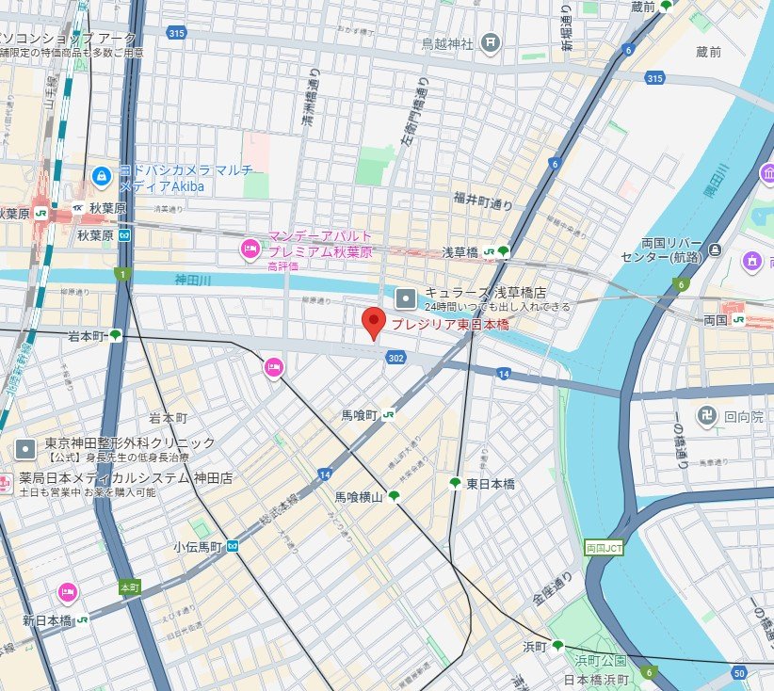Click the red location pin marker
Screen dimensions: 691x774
pyautogui.click(x=374, y=322)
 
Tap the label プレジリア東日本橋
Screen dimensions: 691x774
pyautogui.click(x=449, y=324)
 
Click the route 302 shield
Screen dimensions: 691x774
pyautogui.click(x=395, y=358)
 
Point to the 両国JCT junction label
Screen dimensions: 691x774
pyautogui.click(x=603, y=547)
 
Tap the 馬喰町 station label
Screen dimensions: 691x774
pyautogui.click(x=359, y=414)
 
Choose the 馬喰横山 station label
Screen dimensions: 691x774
pyautogui.click(x=359, y=496)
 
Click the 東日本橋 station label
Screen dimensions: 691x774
pyautogui.click(x=491, y=483)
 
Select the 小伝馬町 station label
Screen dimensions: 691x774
pyautogui.click(x=197, y=546)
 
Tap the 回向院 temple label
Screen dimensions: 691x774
pyautogui.click(x=744, y=413)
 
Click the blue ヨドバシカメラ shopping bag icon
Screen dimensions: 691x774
pyautogui.click(x=100, y=175)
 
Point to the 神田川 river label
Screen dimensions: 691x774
pyautogui.click(x=194, y=279)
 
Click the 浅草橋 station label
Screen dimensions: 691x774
pyautogui.click(x=460, y=252)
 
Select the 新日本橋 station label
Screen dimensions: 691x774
pyautogui.click(x=47, y=620)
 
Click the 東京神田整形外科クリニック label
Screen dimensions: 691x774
pyautogui.click(x=130, y=442)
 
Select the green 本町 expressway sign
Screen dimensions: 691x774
pyautogui.click(x=129, y=587)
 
